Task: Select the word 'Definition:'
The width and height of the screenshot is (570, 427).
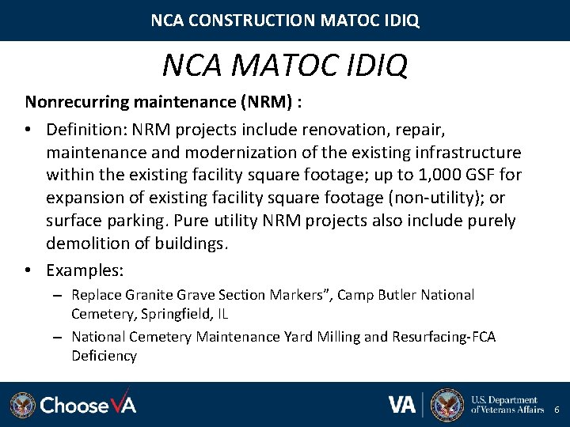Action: pyautogui.click(x=87, y=128)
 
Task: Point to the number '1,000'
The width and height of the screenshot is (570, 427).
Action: pyautogui.click(x=442, y=174)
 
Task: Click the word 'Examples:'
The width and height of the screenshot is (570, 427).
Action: pyautogui.click(x=85, y=270)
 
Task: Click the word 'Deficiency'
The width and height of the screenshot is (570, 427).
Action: pyautogui.click(x=104, y=356)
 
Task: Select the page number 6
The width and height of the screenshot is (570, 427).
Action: pyautogui.click(x=557, y=410)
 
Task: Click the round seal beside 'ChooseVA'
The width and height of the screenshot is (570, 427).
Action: pyautogui.click(x=23, y=405)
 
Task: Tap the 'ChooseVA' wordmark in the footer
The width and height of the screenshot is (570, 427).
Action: pyautogui.click(x=88, y=405)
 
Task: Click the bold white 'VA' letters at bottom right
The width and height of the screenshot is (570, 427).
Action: pyautogui.click(x=403, y=404)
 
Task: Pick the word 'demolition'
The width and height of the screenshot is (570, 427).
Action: pyautogui.click(x=88, y=243)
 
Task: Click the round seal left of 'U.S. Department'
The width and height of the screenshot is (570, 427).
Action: pyautogui.click(x=447, y=404)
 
